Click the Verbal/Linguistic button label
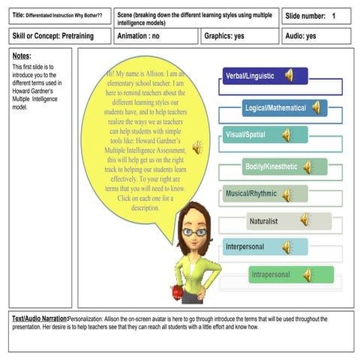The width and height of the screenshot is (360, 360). [x=250, y=76]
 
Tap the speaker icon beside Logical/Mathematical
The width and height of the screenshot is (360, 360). [x=316, y=108]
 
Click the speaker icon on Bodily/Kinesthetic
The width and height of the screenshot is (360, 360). [x=307, y=166]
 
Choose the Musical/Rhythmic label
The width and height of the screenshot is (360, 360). [x=251, y=193]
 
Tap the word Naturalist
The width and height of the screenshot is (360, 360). [x=263, y=221]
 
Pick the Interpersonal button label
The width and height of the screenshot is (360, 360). [x=250, y=246]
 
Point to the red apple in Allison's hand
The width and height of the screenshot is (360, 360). [x=178, y=290]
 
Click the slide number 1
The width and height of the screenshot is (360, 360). [x=334, y=16]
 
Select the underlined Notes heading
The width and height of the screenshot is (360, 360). [x=22, y=56]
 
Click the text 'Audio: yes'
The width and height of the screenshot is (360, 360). [x=301, y=36]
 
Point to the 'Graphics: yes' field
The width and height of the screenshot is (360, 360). [x=224, y=36]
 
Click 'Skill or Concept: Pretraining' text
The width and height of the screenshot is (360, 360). [x=48, y=36]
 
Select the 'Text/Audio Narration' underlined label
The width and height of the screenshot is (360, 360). [x=39, y=319]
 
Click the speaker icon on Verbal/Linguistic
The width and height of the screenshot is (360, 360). [x=289, y=75]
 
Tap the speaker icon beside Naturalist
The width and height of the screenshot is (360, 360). [x=304, y=220]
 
